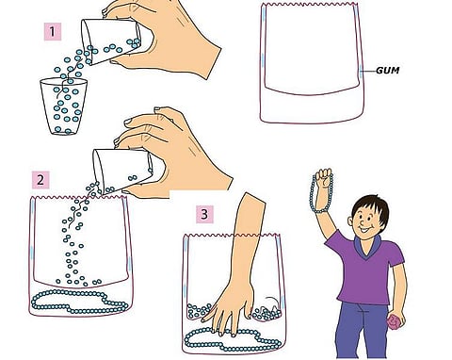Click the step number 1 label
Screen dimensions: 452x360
point(53,32)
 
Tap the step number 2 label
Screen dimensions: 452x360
point(40,180)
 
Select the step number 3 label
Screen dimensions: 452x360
point(204,215)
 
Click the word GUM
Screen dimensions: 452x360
point(388,70)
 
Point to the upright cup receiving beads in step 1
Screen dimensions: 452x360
point(64,106)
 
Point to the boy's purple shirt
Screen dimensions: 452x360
point(365,270)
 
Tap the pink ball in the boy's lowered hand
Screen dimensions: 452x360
point(395,321)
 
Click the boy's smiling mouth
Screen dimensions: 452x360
point(366,230)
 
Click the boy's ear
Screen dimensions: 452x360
point(350,221)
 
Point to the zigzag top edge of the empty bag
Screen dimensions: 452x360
point(310,5)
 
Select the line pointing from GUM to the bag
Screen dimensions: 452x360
point(368,71)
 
